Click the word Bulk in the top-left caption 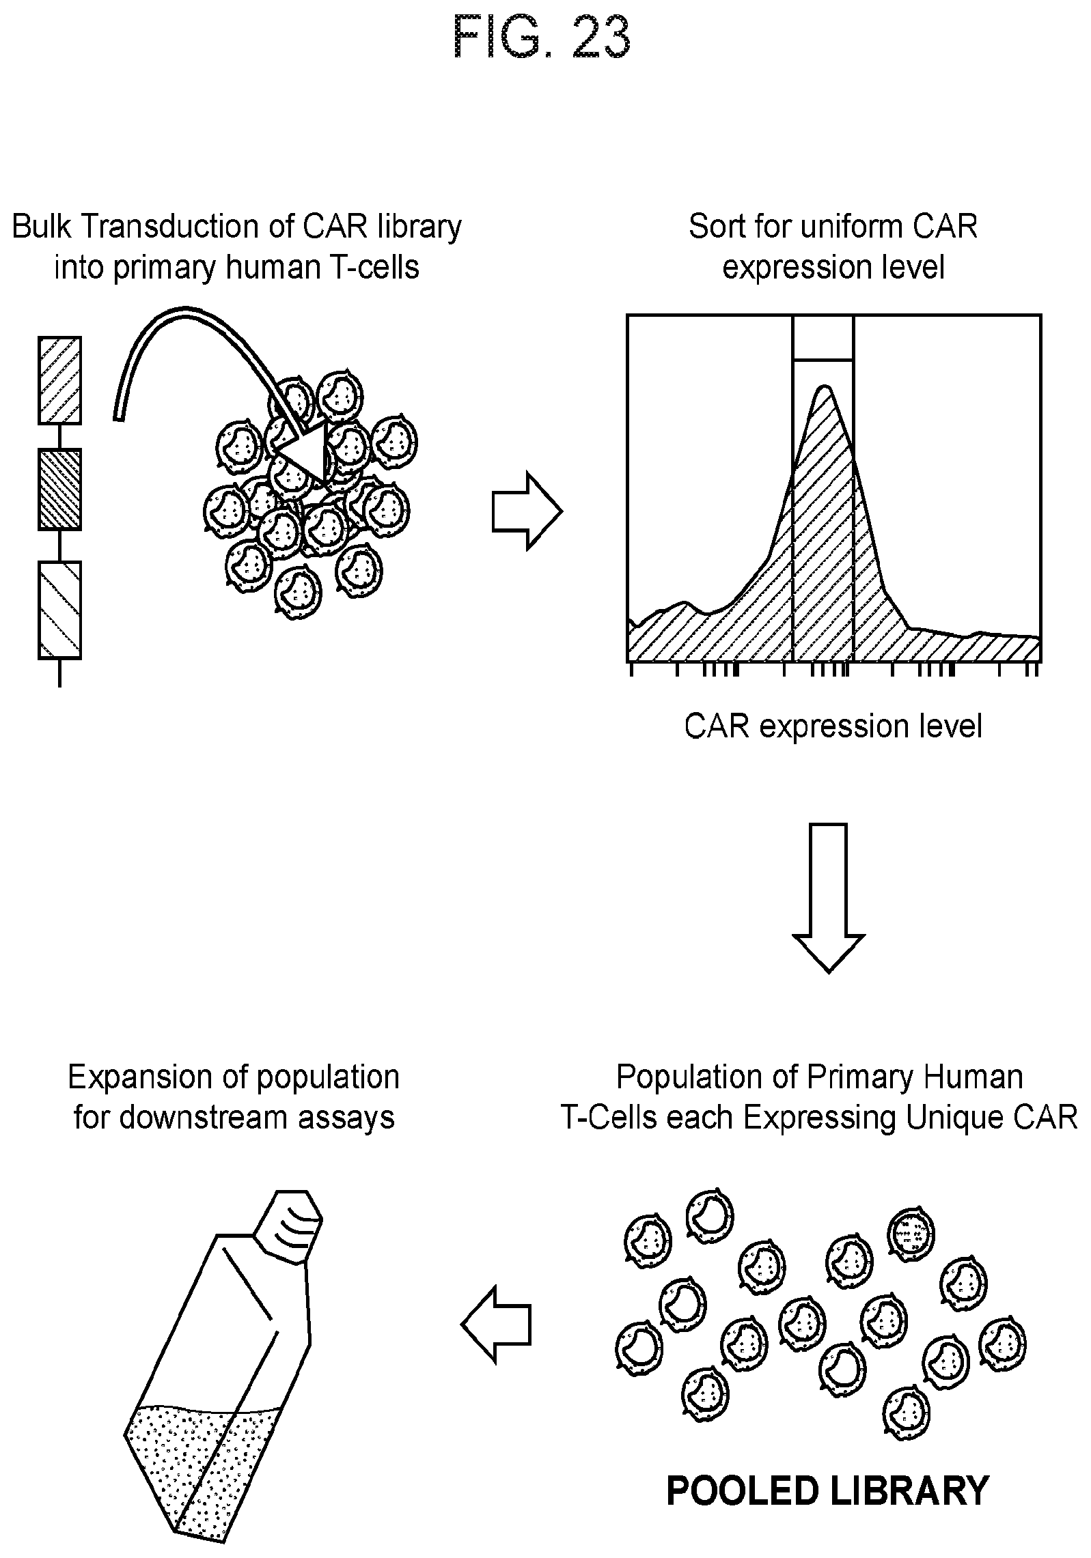tap(41, 227)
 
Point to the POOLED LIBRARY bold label tap(827, 1490)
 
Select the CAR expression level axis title tap(833, 726)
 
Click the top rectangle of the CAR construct tap(59, 380)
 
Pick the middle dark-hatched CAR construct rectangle tap(59, 489)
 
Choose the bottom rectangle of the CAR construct tap(59, 610)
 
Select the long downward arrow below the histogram tap(828, 897)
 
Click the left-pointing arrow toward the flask tap(496, 1325)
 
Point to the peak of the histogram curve tap(825, 387)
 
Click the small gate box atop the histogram tap(823, 337)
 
